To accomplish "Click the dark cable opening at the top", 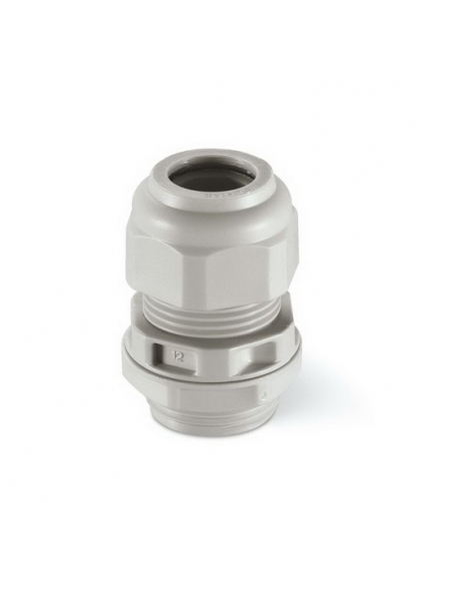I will (x=211, y=178).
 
